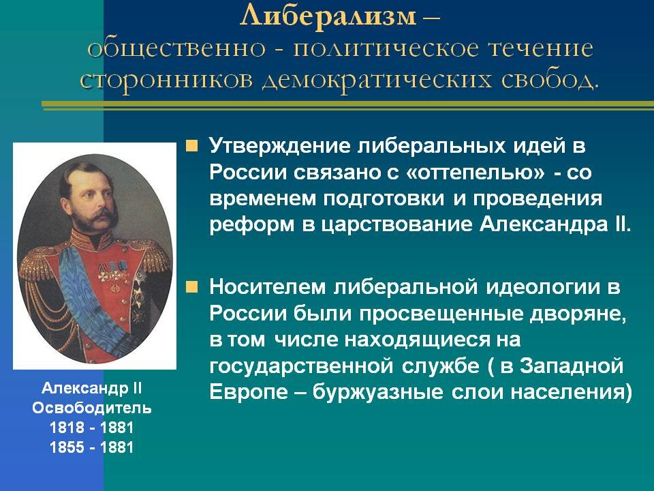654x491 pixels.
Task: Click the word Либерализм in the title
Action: click(327, 16)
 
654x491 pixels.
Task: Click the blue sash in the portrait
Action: click(80, 286)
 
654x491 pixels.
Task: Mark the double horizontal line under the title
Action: click(347, 104)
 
